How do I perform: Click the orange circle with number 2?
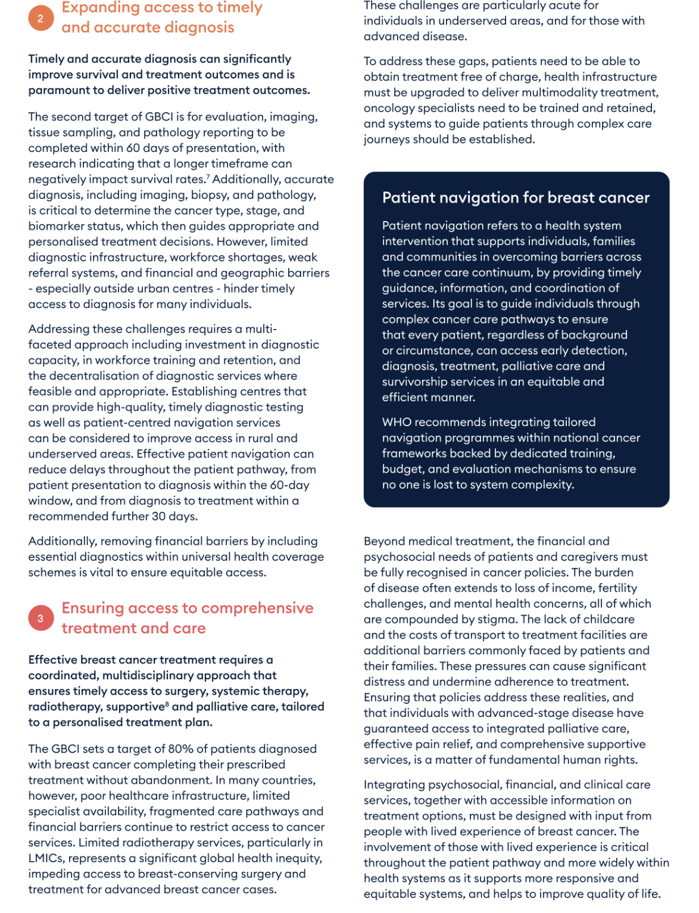(40, 18)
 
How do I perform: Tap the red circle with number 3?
(40, 618)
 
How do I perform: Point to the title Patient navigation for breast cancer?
(516, 198)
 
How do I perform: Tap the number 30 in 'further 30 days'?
(158, 516)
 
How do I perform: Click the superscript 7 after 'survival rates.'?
(208, 177)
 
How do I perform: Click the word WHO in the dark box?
(397, 422)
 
